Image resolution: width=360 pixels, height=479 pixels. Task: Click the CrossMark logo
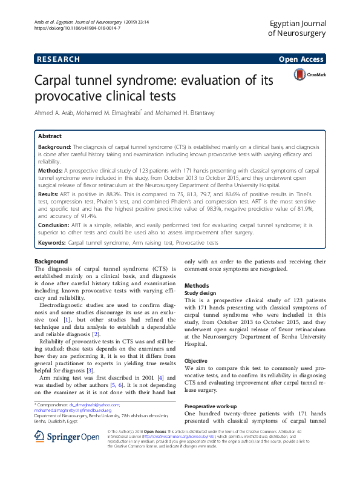coord(309,74)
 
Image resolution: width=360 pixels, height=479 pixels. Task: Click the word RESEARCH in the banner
coord(58,59)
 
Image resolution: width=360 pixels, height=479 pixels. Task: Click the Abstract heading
coord(50,137)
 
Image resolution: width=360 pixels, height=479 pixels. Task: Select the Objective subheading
coord(197,360)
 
